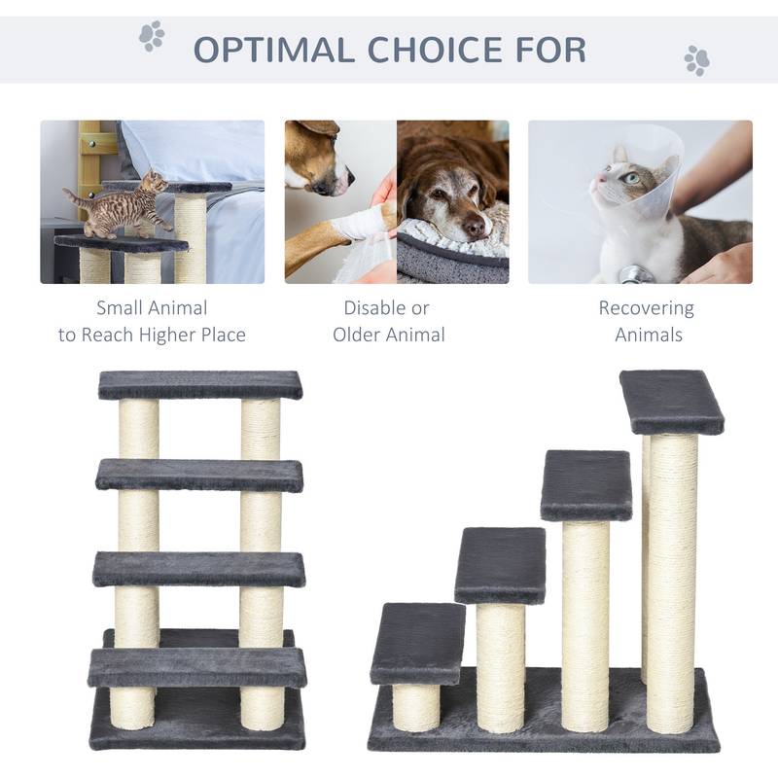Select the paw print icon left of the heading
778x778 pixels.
[x=152, y=36]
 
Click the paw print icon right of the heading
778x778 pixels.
[x=696, y=60]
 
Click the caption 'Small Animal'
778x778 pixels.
[x=152, y=308]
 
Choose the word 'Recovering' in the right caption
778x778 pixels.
[x=646, y=308]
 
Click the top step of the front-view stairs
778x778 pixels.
[x=200, y=385]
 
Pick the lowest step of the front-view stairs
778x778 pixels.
[x=197, y=668]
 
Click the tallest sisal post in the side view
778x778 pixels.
[x=672, y=583]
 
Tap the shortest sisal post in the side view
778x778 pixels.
[x=415, y=705]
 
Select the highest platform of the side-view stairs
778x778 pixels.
[x=671, y=400]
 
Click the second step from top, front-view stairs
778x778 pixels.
[x=199, y=475]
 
